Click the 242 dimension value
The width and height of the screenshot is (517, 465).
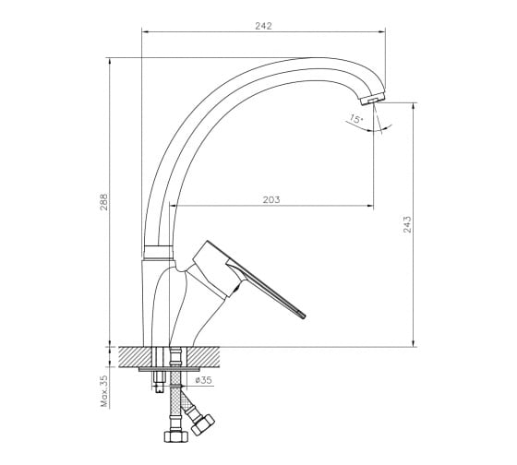pos(263,26)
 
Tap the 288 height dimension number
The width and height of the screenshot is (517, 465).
pos(103,202)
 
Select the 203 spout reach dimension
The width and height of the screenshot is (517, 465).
pos(271,199)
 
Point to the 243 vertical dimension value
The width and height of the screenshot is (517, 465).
pos(407,224)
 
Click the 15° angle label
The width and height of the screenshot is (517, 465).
pos(355,119)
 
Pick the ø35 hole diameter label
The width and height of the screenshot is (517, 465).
pos(203,380)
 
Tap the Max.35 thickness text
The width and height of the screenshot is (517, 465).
pos(104,391)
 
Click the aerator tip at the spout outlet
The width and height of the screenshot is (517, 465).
pos(373,98)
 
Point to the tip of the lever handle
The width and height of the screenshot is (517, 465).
pos(304,316)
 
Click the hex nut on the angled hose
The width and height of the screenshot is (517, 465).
pos(203,424)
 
